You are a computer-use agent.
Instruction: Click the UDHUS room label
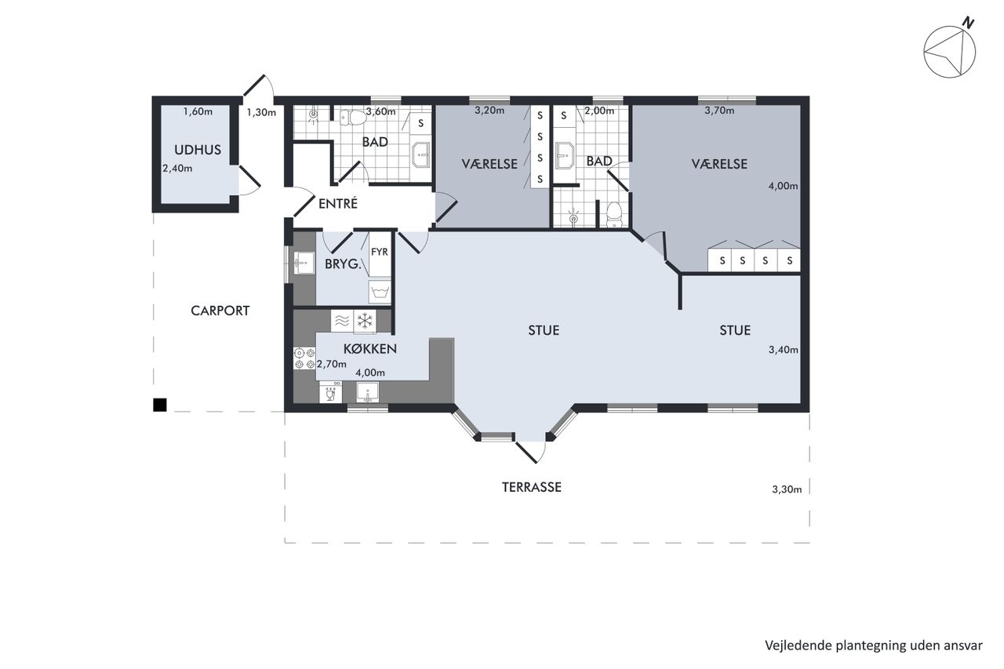pyautogui.click(x=198, y=150)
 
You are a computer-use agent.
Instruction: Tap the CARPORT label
pyautogui.click(x=220, y=311)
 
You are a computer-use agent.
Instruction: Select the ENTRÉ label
pyautogui.click(x=338, y=204)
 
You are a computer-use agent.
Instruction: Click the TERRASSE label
pyautogui.click(x=532, y=487)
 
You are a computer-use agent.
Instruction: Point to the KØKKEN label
pyautogui.click(x=370, y=348)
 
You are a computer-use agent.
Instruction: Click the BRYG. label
pyautogui.click(x=343, y=264)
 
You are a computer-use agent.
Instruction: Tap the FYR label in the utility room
pyautogui.click(x=379, y=252)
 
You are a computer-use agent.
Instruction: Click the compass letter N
pyautogui.click(x=969, y=23)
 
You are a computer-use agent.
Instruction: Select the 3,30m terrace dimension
pyautogui.click(x=787, y=489)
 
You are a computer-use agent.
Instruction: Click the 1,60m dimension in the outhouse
pyautogui.click(x=198, y=111)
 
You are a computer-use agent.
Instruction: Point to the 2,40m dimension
pyautogui.click(x=177, y=169)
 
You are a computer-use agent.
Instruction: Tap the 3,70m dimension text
pyautogui.click(x=719, y=111)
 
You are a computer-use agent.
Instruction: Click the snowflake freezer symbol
pyautogui.click(x=365, y=322)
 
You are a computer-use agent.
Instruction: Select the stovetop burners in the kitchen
pyautogui.click(x=304, y=358)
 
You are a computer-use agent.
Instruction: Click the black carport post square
pyautogui.click(x=160, y=405)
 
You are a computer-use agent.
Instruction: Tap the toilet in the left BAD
pyautogui.click(x=353, y=118)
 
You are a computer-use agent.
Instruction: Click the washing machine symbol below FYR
pyautogui.click(x=380, y=293)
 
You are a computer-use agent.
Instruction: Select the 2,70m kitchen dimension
pyautogui.click(x=332, y=364)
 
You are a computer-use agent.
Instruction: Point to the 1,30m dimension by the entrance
pyautogui.click(x=261, y=112)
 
